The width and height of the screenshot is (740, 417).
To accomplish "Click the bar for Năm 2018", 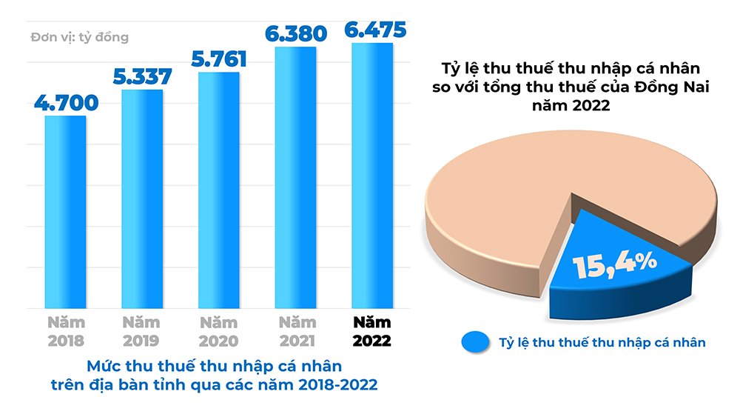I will [65, 212].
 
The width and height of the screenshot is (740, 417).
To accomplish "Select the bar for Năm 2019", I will [142, 199].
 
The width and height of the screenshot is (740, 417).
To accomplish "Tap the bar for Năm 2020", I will [218, 190].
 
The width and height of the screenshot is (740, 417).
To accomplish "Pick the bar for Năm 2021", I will [295, 178].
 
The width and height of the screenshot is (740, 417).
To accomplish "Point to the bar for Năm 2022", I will [372, 176].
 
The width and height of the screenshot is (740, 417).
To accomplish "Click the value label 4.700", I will [66, 102].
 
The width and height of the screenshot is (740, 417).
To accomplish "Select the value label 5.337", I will [142, 76].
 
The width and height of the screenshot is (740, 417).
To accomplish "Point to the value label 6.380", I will [295, 33].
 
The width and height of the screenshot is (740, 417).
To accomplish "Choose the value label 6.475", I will [374, 30].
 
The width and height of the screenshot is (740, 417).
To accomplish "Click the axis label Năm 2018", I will [66, 332].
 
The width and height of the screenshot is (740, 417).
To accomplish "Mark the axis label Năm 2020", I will [218, 332].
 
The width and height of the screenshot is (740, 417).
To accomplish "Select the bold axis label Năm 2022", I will [371, 332].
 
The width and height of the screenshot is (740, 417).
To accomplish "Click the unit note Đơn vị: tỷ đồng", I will [79, 37].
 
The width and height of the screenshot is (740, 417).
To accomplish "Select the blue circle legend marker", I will [475, 341].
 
